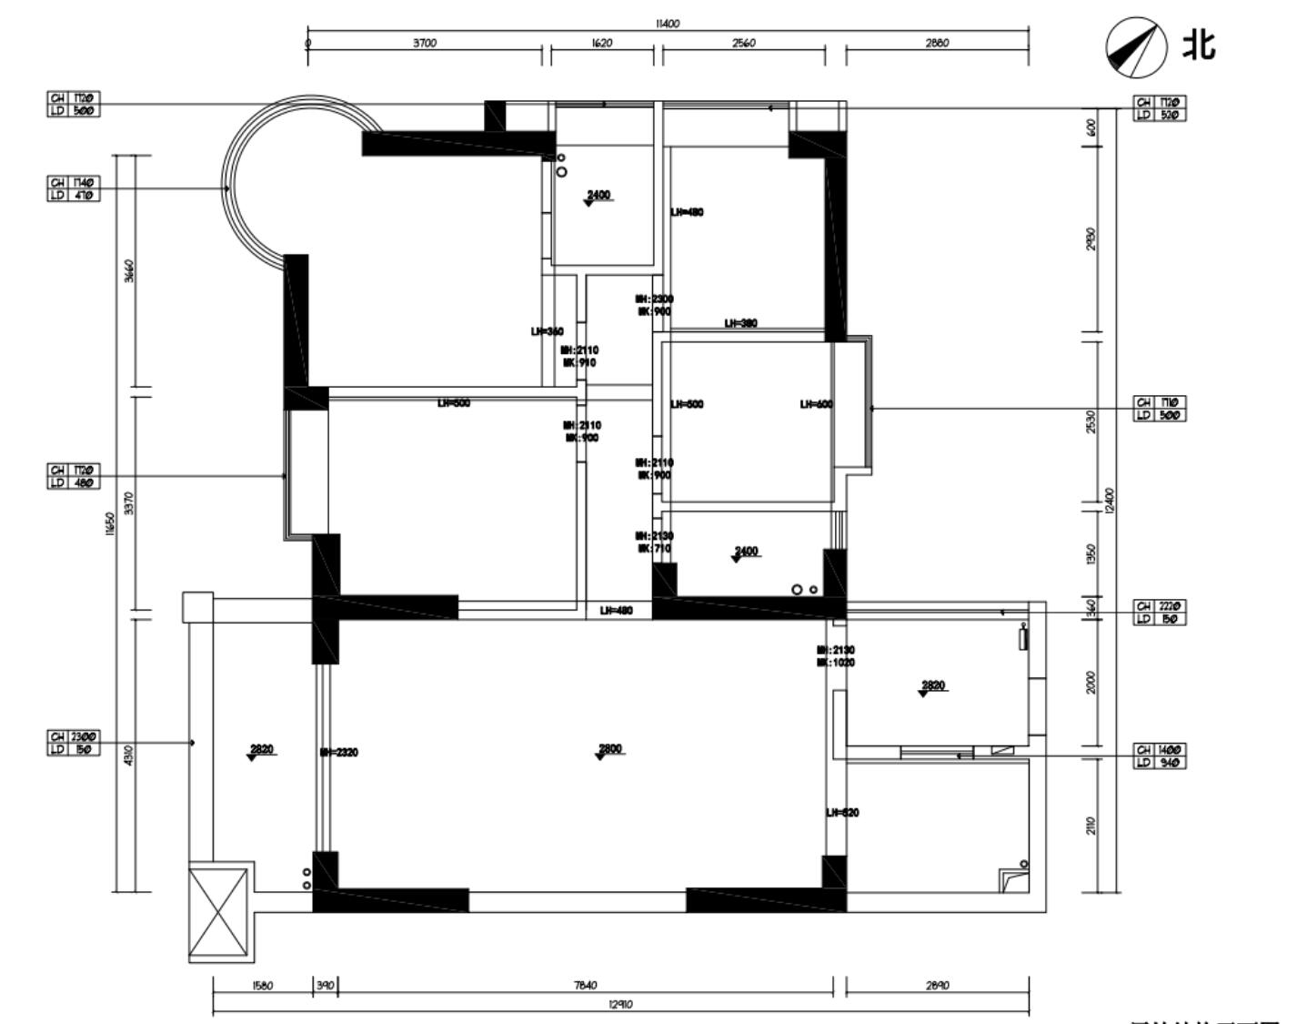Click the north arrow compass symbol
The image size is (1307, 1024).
[x=1136, y=46]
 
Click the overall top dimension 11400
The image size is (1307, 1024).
[x=667, y=24]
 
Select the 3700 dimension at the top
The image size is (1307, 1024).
[x=425, y=43]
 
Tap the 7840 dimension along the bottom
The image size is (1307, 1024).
[x=586, y=986]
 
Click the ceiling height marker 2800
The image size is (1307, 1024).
[x=610, y=750]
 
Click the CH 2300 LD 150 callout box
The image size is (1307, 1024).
[x=74, y=742]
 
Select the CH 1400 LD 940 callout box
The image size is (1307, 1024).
[x=1160, y=755]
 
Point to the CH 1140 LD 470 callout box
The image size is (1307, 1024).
[x=74, y=188]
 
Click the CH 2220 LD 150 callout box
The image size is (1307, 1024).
[x=1160, y=613]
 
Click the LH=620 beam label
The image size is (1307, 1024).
[x=842, y=813]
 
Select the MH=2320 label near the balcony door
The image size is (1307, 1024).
[x=339, y=753]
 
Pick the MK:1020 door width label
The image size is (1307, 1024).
[x=835, y=663]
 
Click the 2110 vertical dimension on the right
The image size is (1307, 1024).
[x=1091, y=826]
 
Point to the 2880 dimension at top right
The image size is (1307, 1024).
[x=937, y=43]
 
